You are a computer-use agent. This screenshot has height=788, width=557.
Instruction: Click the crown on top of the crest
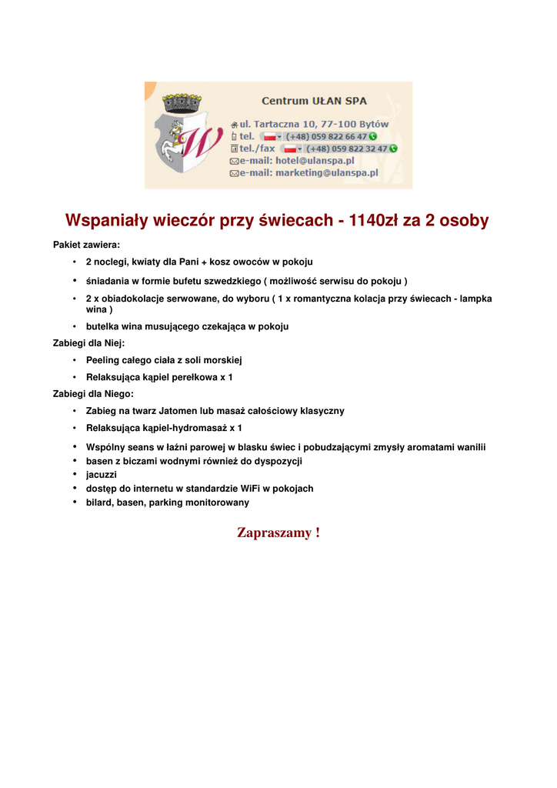tap(182, 103)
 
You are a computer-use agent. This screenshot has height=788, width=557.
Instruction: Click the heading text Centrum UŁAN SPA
tap(314, 101)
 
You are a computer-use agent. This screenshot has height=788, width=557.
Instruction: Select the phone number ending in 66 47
tap(338, 136)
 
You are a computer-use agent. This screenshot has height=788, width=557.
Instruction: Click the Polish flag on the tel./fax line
tap(290, 149)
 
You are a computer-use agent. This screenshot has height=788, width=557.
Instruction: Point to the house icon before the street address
tap(235, 125)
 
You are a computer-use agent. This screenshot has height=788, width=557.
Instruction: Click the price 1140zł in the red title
tap(376, 221)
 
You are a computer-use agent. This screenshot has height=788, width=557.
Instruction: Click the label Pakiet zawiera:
tap(86, 245)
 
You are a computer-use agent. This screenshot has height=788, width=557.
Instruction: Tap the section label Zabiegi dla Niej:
tap(88, 343)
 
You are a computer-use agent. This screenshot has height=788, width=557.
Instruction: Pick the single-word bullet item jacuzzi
tap(101, 475)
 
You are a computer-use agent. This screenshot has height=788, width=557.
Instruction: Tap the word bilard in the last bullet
tap(98, 503)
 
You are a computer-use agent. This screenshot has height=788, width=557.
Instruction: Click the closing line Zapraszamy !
tap(278, 533)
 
